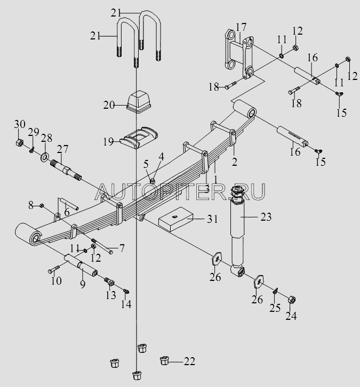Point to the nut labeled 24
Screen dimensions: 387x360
[x=293, y=302]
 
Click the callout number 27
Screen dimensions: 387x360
[x=63, y=148]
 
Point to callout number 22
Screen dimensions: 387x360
[x=189, y=361]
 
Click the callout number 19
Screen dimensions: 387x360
[x=108, y=142]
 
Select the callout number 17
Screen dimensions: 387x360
[x=241, y=26]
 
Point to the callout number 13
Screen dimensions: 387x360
[x=110, y=295]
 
